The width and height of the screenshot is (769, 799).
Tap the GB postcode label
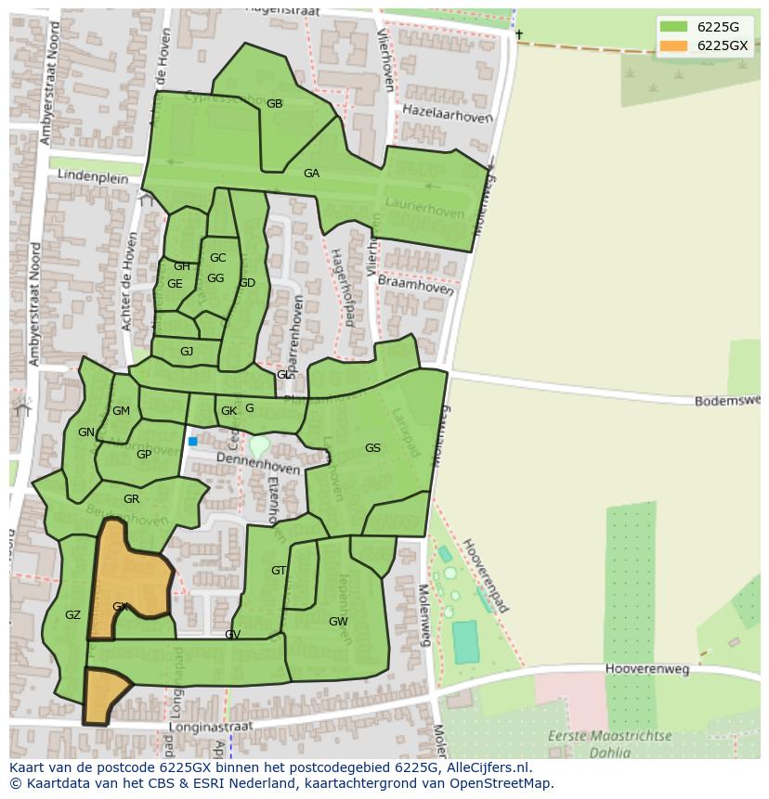click(x=274, y=104)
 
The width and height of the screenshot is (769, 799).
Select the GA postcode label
click(x=311, y=174)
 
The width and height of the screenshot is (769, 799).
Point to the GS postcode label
click(x=372, y=448)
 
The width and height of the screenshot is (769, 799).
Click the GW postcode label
click(x=338, y=622)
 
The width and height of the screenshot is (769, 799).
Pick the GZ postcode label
click(x=72, y=615)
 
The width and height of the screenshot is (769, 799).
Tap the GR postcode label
click(x=131, y=499)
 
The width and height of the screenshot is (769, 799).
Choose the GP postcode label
click(x=144, y=455)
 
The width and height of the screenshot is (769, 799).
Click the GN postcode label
click(x=85, y=432)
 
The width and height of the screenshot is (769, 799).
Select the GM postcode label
click(x=121, y=411)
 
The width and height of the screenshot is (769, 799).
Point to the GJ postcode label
click(x=187, y=352)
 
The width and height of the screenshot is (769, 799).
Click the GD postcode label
click(x=246, y=283)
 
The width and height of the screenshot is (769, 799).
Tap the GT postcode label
click(x=279, y=571)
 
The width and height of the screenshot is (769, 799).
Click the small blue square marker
click(x=193, y=442)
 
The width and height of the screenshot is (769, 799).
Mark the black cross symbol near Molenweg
click(x=519, y=35)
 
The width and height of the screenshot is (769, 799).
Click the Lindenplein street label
click(x=91, y=174)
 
